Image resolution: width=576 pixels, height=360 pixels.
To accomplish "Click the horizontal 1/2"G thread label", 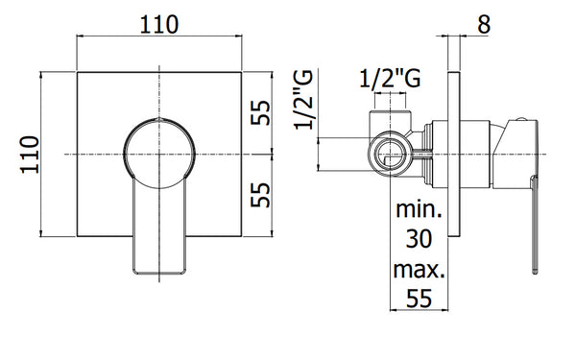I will coord(389,82).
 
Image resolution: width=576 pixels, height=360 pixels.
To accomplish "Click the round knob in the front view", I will coord(158,153).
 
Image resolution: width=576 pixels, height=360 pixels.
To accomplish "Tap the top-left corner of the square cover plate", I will coord(77,72).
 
